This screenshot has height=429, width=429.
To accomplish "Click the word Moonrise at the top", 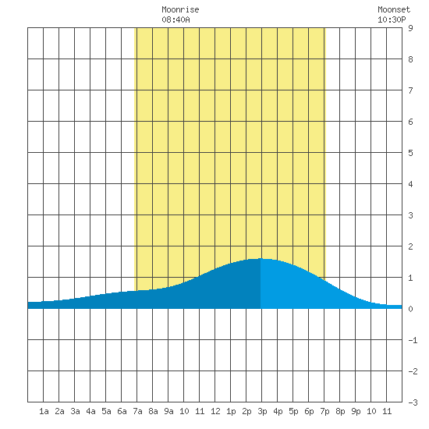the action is coord(180,9).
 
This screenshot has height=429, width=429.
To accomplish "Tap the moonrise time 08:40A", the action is coord(175,19).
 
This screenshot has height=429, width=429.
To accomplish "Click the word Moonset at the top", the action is coord(394,9).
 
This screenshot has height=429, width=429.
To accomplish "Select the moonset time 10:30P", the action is coord(392,19).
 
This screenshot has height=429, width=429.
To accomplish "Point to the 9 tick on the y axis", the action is coord(410,28).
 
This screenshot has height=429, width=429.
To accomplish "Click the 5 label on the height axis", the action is coord(410,153).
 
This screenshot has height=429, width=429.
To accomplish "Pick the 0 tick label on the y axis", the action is coord(410,309).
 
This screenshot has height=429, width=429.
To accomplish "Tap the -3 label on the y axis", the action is coord(413,402).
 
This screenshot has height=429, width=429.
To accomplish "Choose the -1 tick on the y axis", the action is coord(413,340).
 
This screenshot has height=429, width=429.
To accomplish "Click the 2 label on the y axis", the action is coord(410,246).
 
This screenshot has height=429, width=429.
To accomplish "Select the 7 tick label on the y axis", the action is coord(410,90).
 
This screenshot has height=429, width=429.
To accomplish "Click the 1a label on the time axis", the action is coord(44,411).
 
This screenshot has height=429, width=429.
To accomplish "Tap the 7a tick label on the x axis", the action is coord(137,411).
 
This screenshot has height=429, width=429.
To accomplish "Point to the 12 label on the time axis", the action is coord(215,411).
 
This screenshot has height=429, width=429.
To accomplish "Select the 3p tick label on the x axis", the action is coord(262,411).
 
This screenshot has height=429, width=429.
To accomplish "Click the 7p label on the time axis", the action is coord(324,411).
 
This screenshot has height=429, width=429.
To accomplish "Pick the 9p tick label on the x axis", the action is coord(356,411).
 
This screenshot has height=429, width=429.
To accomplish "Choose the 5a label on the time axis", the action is coord(106,411).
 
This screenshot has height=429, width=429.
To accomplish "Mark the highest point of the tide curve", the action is coord(261,258).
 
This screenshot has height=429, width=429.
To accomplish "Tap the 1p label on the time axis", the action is coord(231,411).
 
